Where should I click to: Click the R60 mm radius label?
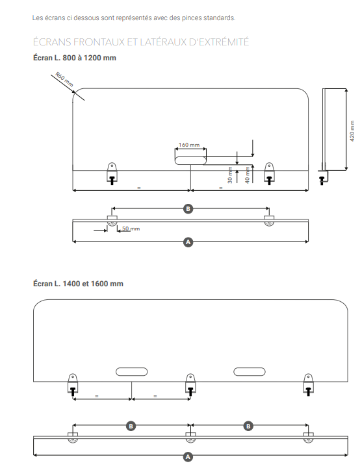tap(64, 79)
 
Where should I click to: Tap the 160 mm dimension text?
tap(189, 145)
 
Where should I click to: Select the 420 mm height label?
tap(352, 131)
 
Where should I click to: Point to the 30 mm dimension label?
tap(230, 175)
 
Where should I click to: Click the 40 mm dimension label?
tap(248, 175)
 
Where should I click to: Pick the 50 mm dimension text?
tap(131, 229)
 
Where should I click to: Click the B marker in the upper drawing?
tap(188, 209)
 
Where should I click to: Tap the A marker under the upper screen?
tap(188, 242)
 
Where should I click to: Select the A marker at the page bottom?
tap(188, 457)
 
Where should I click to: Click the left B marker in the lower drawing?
tap(131, 426)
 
